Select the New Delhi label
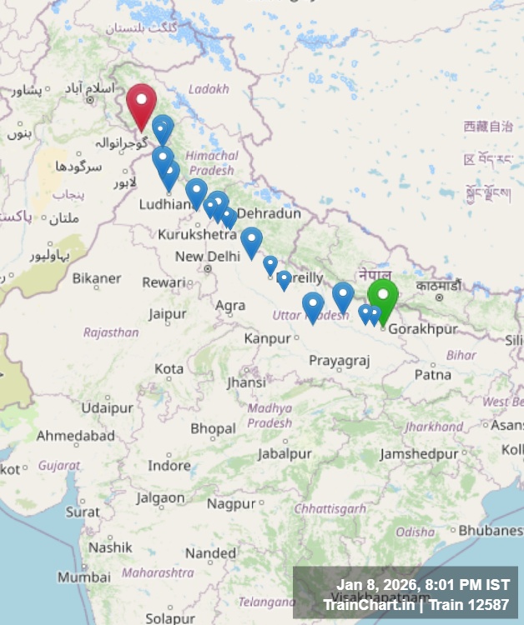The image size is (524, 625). click(207, 257)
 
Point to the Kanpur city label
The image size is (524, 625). click(266, 338)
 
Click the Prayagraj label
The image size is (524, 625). click(339, 360)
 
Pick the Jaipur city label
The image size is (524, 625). click(168, 314)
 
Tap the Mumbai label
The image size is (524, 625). click(84, 577)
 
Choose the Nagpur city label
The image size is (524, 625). click(231, 504)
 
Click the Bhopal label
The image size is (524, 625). click(213, 429)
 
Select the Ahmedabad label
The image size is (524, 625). click(75, 436)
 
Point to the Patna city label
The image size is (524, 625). click(432, 375)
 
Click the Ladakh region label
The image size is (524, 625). click(208, 88)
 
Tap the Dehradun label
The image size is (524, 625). click(269, 214)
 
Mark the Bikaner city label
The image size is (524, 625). click(97, 278)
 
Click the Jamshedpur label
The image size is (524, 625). click(419, 454)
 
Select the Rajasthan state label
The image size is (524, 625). click(111, 332)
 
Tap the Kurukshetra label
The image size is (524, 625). click(197, 235)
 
